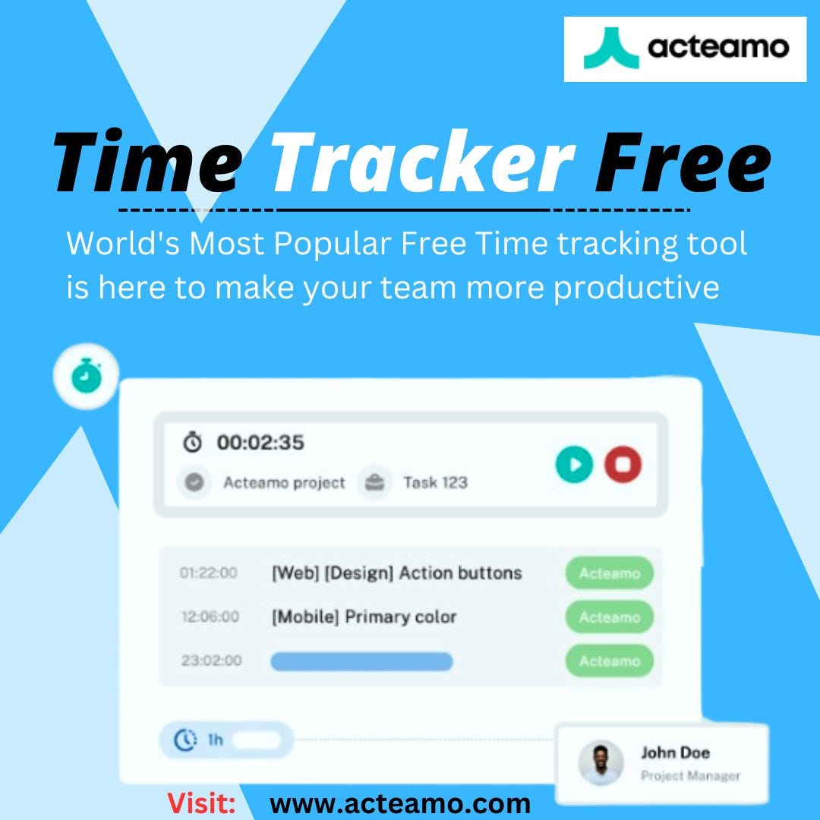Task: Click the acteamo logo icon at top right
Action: click(607, 48)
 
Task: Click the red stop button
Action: click(623, 464)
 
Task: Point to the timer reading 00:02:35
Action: click(260, 443)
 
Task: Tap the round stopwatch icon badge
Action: click(84, 375)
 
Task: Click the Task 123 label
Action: click(434, 482)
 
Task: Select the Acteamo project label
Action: click(283, 482)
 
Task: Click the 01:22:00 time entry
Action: click(208, 573)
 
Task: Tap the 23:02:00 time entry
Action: click(211, 661)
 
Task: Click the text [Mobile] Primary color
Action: click(364, 617)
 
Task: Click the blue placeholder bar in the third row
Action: click(361, 661)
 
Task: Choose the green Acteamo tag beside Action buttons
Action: click(609, 573)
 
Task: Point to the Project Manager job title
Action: click(689, 775)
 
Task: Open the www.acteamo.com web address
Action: click(400, 803)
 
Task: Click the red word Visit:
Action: click(200, 803)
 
